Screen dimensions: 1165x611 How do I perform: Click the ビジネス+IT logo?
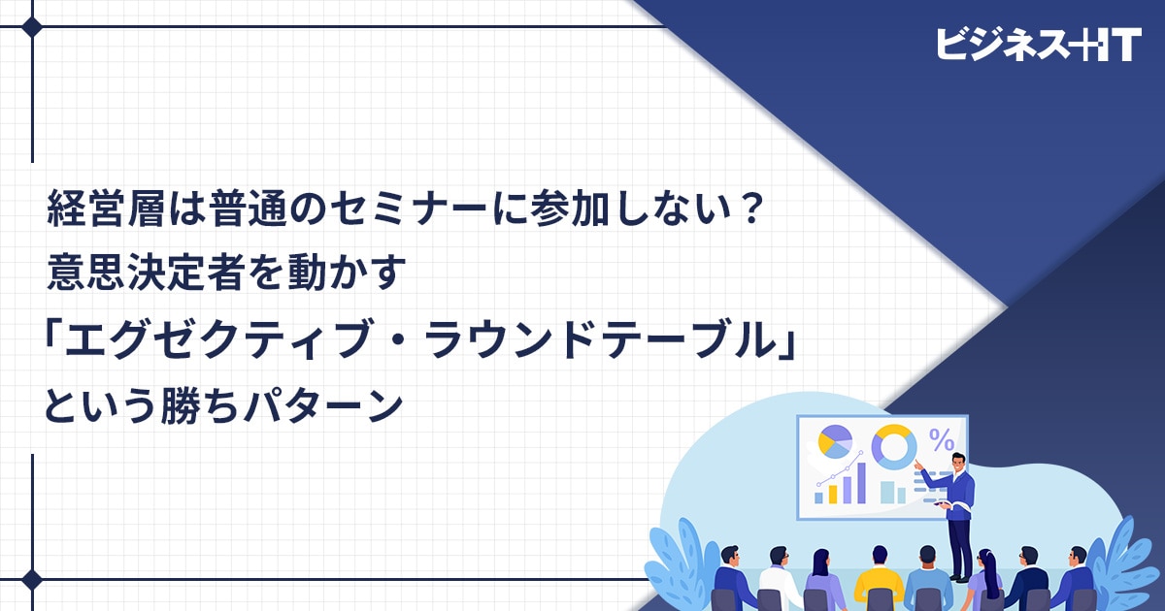(x=1039, y=46)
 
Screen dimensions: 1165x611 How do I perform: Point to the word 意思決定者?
(x=146, y=272)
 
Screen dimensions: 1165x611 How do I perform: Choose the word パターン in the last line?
(x=323, y=405)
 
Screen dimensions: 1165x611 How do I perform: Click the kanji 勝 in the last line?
(x=180, y=405)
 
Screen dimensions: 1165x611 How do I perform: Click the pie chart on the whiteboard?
(x=835, y=441)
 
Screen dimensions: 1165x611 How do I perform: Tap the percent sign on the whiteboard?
(x=942, y=440)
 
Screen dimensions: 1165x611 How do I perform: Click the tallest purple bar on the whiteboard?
(x=861, y=483)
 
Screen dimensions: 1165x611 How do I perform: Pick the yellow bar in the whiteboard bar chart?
(x=833, y=494)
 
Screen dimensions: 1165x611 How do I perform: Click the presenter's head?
(x=958, y=462)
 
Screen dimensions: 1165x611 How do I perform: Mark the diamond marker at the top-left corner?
(x=32, y=27)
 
